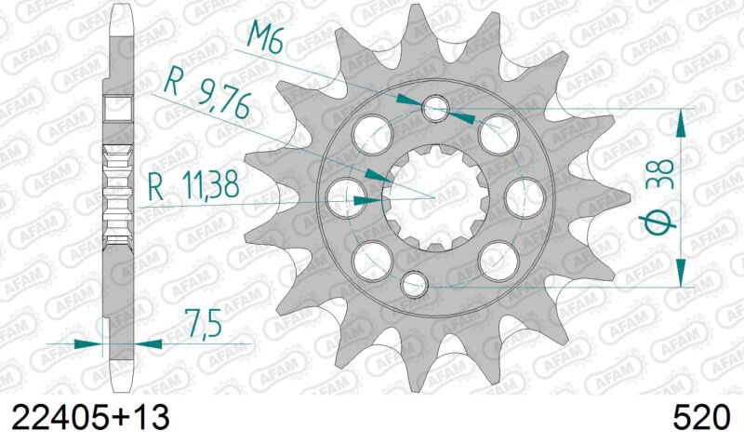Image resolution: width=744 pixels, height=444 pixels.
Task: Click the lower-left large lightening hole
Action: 371,254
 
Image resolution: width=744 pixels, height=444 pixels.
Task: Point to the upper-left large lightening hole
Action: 371,131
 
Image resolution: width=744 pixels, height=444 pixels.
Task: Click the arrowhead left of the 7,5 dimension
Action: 88,343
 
